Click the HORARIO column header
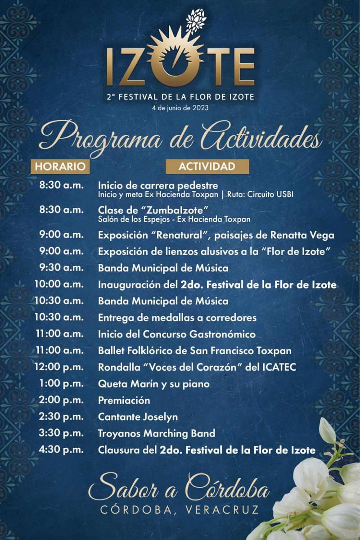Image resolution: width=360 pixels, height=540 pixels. coord(60,166)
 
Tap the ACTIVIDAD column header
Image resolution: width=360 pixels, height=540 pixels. coord(207,166)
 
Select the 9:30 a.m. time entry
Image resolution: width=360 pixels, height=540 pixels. coord(61,268)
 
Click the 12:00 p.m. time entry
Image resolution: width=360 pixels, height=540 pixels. coord(59,367)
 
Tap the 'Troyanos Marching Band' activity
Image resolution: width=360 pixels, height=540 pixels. coord(157,433)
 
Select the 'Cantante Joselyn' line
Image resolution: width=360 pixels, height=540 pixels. coord(138,417)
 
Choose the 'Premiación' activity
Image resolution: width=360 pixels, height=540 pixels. coord(124,400)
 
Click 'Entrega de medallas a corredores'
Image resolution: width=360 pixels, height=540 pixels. coord(177,318)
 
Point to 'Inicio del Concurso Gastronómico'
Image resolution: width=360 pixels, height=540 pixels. coord(177,334)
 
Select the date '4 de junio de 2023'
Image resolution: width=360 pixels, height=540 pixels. coord(180,108)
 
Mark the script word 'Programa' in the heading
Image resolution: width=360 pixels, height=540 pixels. coord(101,138)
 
